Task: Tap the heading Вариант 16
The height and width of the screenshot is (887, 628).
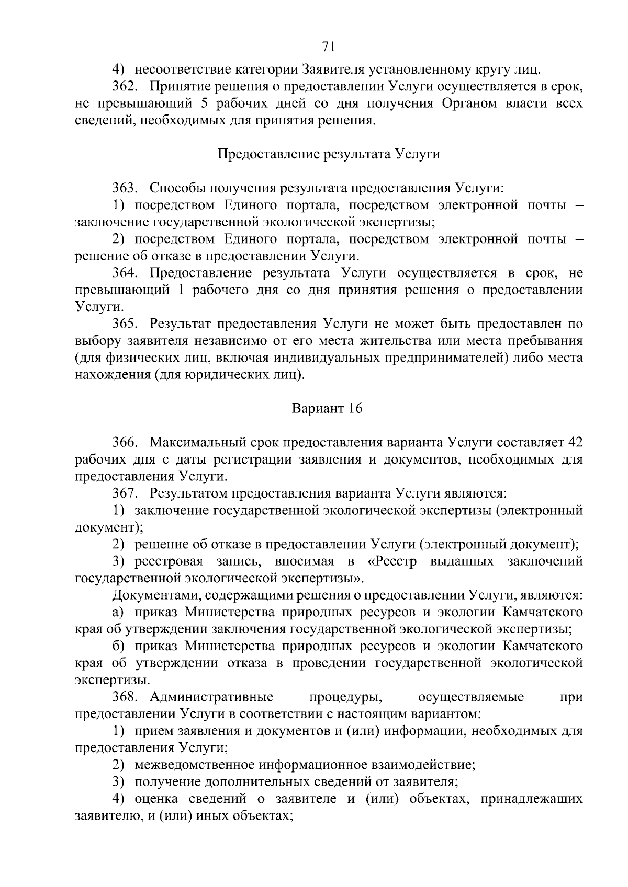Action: tap(327, 408)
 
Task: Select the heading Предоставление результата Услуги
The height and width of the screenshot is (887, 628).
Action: tap(328, 154)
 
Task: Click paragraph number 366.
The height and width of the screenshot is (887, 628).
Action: tap(125, 443)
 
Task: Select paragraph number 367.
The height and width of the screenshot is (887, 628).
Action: tap(125, 493)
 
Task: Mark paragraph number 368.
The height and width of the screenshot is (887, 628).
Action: tap(125, 697)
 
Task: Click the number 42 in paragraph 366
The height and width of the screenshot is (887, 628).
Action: tap(575, 443)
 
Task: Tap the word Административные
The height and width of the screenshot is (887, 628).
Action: tap(211, 697)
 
